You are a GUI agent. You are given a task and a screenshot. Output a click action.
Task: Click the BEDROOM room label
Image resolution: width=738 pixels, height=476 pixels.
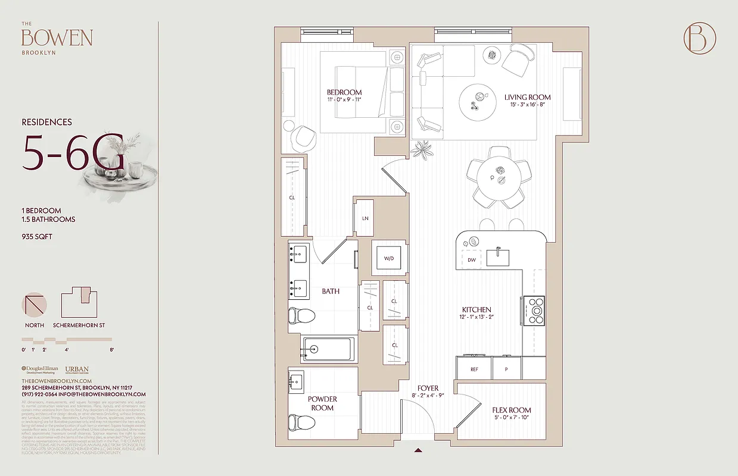coord(344,92)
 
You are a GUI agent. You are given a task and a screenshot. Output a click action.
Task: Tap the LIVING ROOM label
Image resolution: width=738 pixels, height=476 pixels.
coord(527,97)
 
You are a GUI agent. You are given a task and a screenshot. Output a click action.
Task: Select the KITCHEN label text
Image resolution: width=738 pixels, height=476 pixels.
coord(477,309)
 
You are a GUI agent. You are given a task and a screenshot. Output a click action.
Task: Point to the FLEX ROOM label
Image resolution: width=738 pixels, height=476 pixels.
coord(511,410)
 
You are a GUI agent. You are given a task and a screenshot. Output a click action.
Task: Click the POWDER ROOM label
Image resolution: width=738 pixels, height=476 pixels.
coord(322,403)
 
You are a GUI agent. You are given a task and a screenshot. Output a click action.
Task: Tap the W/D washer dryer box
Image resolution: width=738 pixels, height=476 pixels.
coord(389,258)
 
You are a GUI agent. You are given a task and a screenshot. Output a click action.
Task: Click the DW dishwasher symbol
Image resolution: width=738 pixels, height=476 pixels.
coord(471,260)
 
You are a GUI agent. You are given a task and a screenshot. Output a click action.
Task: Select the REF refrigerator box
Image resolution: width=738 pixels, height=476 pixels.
coord(474,369)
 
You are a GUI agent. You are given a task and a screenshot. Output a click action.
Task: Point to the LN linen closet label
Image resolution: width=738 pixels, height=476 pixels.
coord(365,218)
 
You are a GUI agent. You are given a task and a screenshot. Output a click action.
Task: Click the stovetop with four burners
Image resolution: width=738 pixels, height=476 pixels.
coord(535,309)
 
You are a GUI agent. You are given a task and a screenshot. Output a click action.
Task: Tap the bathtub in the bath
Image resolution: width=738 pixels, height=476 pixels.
coord(328,349)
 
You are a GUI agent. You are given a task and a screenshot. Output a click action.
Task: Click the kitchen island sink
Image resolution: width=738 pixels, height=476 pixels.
coord(499,257)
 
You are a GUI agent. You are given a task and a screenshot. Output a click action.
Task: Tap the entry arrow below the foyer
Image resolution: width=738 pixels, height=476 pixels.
coord(419,451)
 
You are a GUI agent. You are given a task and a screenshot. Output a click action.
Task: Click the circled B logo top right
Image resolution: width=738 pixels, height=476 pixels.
coord(699,38)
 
